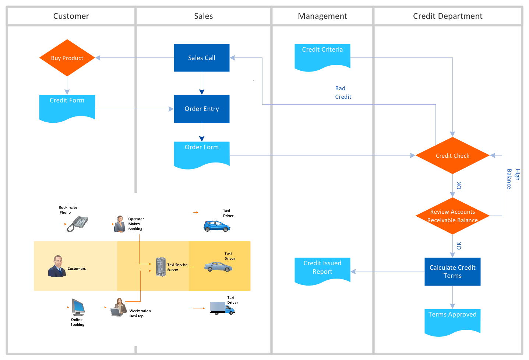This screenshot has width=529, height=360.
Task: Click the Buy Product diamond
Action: coord(67,58)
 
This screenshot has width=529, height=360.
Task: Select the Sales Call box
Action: coord(202,58)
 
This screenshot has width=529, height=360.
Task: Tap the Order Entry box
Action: coord(202,109)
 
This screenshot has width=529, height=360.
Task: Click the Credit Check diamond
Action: coord(452,155)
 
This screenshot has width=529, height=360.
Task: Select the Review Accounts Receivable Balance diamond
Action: coord(452,216)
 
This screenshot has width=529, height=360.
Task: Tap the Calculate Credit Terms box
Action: coord(452,272)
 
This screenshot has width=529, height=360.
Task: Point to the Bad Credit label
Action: coord(343,92)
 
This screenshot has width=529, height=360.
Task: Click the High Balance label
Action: coord(513,179)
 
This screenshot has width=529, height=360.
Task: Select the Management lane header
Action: coord(322,16)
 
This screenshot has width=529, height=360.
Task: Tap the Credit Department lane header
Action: coord(448,16)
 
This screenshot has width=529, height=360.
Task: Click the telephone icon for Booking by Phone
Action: coord(77,223)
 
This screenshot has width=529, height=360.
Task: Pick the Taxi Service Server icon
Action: coord(161,267)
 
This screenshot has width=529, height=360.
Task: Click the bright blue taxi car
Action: coord(217,226)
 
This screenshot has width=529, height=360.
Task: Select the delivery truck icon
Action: coord(222,308)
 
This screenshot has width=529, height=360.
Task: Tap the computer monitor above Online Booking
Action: coord(78,307)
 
